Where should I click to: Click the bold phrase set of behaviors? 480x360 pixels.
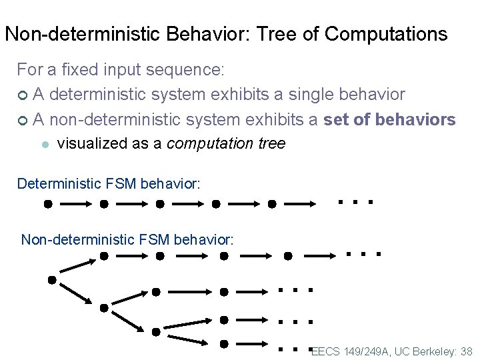(x=389, y=119)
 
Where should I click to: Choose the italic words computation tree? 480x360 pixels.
(x=225, y=143)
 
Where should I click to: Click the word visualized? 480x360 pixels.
(x=94, y=143)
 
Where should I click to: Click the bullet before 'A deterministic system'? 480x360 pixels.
(x=23, y=95)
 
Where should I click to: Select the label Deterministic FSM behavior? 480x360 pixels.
(x=108, y=183)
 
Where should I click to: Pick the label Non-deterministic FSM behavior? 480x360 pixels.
(x=127, y=239)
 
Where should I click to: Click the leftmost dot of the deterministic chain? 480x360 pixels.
(x=48, y=205)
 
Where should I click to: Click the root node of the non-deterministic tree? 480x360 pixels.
(x=51, y=280)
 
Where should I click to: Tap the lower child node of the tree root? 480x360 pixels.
(x=104, y=307)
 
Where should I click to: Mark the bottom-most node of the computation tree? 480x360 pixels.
(x=224, y=343)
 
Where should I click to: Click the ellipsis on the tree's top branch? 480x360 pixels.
(x=363, y=254)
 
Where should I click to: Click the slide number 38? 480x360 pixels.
(x=465, y=351)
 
